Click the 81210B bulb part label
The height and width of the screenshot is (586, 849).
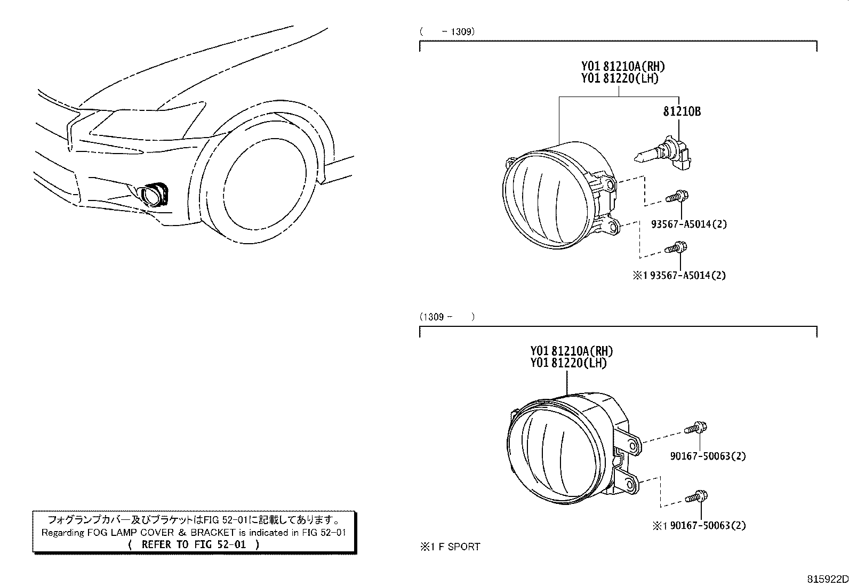tap(682, 111)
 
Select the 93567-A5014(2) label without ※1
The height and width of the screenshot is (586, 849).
tap(688, 224)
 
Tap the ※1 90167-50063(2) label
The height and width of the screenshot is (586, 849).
tap(699, 526)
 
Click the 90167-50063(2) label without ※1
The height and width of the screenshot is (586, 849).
tap(708, 456)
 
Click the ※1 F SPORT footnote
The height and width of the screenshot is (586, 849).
tap(450, 547)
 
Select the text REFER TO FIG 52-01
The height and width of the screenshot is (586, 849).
tap(194, 544)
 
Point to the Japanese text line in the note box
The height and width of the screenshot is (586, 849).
tap(194, 519)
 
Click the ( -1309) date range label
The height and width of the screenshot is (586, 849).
tap(447, 31)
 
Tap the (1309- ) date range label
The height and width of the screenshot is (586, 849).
tap(447, 317)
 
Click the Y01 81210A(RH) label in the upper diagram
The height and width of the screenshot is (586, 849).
tap(623, 67)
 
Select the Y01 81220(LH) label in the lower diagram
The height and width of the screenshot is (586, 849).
tap(568, 363)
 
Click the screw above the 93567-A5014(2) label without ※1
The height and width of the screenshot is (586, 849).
tap(677, 196)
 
